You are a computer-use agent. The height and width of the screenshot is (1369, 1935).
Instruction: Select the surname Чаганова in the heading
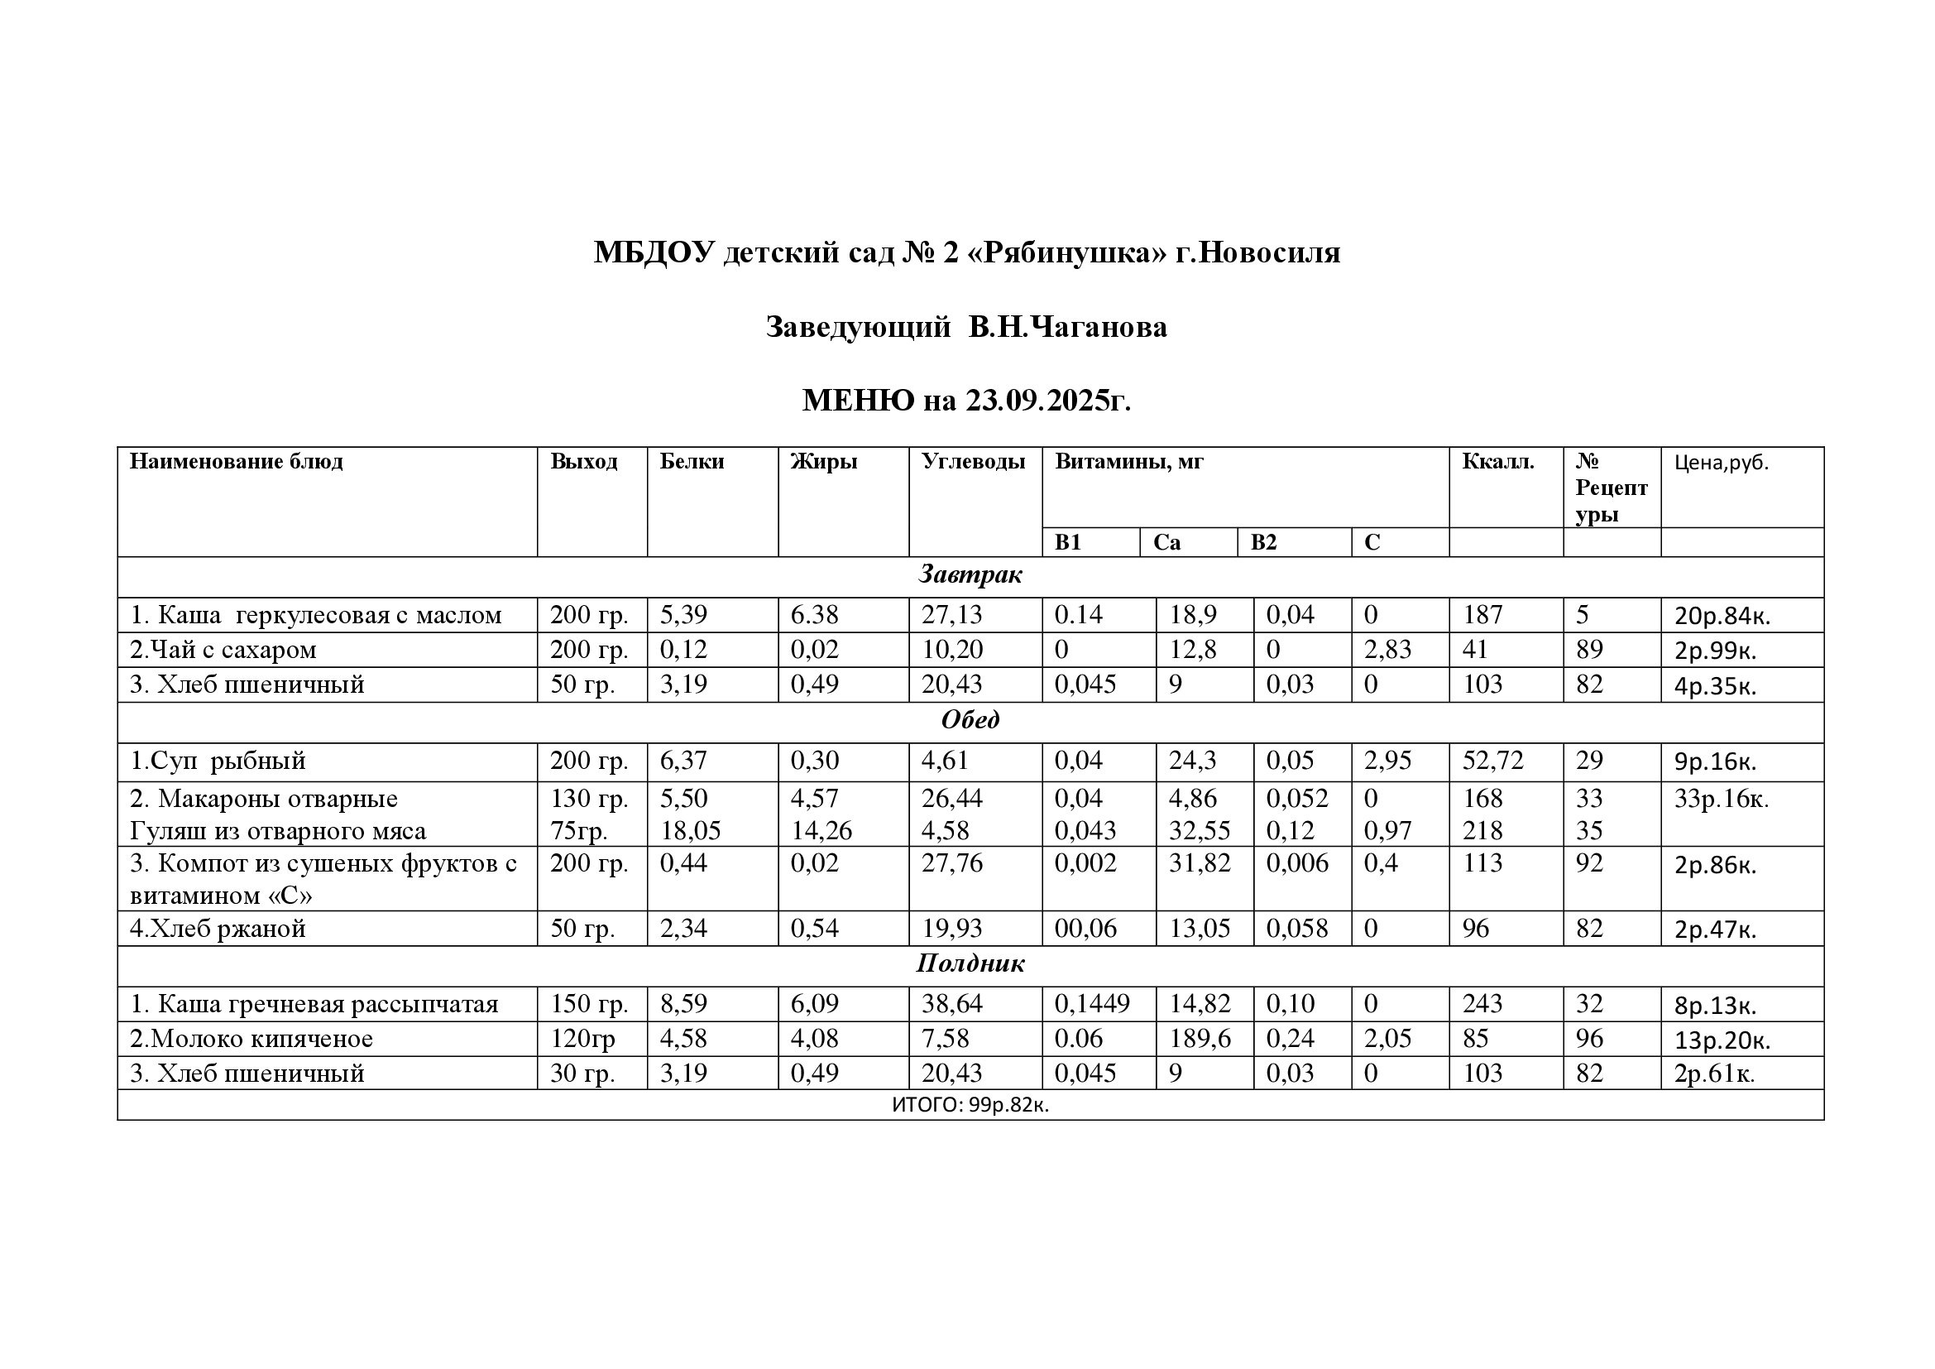[x=1099, y=327]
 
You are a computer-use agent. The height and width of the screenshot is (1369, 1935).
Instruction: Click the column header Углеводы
[x=973, y=462]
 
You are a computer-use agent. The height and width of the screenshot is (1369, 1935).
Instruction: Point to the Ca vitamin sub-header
[x=1166, y=543]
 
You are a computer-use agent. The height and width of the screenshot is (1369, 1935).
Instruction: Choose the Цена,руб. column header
[x=1721, y=463]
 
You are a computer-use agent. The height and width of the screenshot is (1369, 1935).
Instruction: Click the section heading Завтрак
[x=970, y=575]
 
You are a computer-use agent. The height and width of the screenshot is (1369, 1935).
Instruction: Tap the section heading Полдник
[x=970, y=963]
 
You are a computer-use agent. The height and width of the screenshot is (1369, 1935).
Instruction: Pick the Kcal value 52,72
[x=1492, y=761]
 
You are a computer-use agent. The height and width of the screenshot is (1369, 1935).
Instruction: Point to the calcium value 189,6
[x=1200, y=1039]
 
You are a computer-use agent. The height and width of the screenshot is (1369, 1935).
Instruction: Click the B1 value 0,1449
[x=1091, y=1004]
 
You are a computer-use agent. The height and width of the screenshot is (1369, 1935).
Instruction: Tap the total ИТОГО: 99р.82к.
[x=970, y=1105]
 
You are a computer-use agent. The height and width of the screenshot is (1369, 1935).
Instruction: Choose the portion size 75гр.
[x=578, y=831]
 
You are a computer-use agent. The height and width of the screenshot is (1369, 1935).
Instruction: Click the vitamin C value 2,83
[x=1387, y=650]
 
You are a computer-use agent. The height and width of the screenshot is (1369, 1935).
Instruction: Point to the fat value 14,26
[x=821, y=831]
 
